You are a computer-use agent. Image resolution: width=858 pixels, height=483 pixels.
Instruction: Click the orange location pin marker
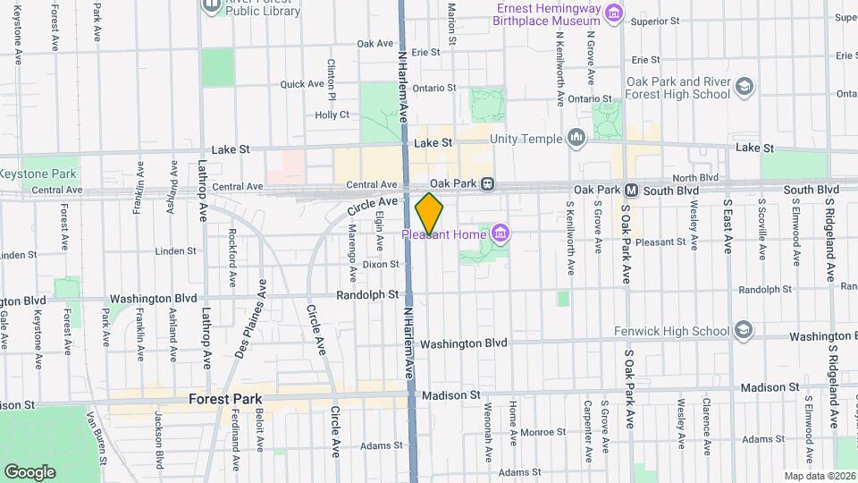(429, 213)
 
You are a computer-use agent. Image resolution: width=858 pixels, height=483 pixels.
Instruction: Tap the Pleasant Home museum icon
(500, 235)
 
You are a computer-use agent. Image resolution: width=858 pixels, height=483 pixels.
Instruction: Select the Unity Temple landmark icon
(576, 139)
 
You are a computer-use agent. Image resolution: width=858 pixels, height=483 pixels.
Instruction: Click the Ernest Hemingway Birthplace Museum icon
(613, 13)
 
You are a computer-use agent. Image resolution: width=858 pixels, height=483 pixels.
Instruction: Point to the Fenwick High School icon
(742, 331)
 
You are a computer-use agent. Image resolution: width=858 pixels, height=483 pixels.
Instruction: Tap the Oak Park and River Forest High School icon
(744, 88)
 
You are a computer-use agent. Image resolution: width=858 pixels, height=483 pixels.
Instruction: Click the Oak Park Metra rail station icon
(487, 184)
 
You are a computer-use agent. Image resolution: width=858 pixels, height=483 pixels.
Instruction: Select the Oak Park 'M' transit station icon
(631, 191)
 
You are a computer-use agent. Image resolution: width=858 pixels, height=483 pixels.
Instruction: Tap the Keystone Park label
(38, 174)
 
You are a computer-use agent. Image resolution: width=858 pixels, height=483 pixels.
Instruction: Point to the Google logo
(29, 471)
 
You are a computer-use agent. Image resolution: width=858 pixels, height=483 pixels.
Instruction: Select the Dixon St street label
(381, 264)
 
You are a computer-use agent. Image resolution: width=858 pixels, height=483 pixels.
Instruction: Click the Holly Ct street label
(332, 115)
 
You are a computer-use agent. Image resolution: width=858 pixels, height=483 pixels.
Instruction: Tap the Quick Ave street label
(302, 84)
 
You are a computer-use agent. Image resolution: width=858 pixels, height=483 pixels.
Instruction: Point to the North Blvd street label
(695, 178)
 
